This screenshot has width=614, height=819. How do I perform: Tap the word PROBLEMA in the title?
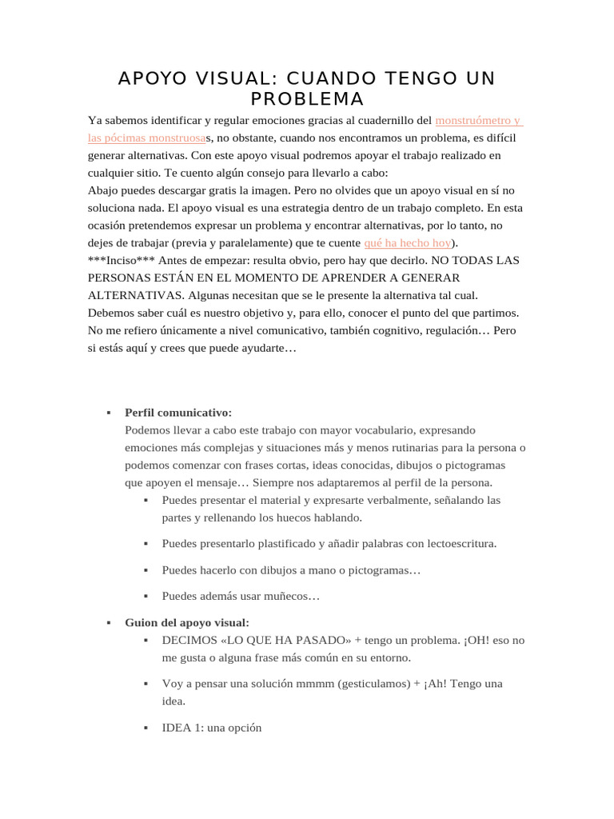tap(296, 99)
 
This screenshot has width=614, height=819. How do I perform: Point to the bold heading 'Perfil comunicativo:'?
tap(178, 413)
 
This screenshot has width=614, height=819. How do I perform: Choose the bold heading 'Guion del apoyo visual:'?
tap(187, 622)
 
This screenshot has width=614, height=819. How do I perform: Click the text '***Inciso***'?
tap(122, 260)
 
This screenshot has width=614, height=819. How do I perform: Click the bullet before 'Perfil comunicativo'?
tap(108, 413)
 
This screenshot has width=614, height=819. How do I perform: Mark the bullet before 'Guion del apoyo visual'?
tap(108, 622)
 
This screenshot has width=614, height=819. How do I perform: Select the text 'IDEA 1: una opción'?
tap(211, 729)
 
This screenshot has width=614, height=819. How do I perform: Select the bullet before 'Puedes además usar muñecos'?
tap(146, 597)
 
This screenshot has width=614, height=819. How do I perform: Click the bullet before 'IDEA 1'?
tap(146, 729)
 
